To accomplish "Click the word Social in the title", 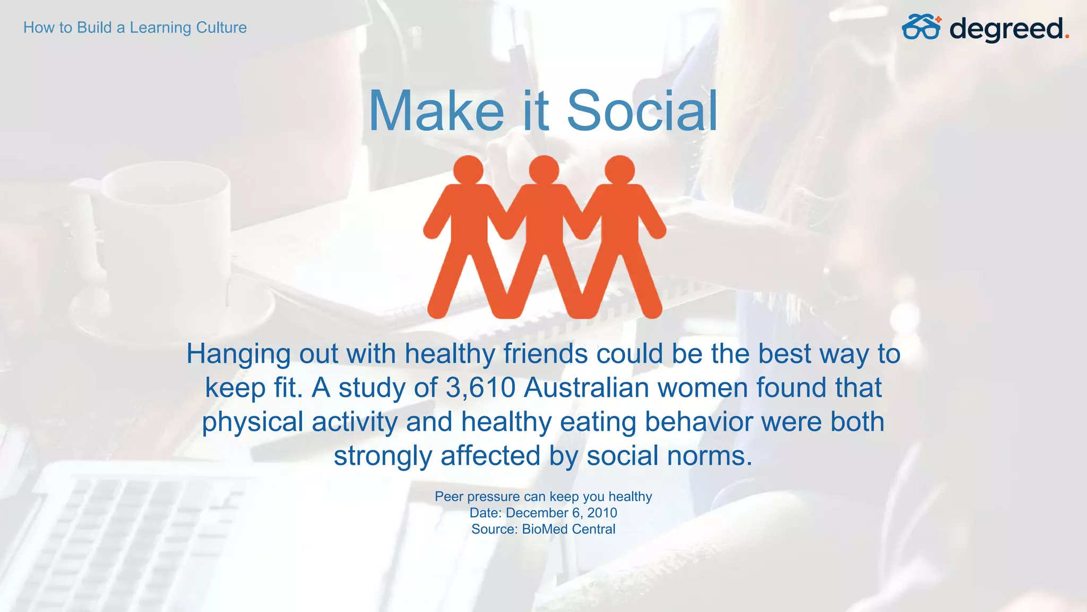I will coord(642,110).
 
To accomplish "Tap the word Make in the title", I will coord(436,110).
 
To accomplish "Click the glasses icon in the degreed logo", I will coord(921,28).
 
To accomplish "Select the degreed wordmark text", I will coord(1006,29).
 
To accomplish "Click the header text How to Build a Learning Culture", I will coord(135,28).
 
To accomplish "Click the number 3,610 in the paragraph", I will coord(480,388).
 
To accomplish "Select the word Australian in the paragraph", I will coord(586,388).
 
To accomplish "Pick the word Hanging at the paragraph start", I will coord(238,354).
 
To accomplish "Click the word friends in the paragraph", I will coord(545,354).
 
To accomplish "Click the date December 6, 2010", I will coord(562,513).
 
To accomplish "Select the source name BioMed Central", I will coord(568,529).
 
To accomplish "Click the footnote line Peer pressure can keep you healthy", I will coord(543,496).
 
